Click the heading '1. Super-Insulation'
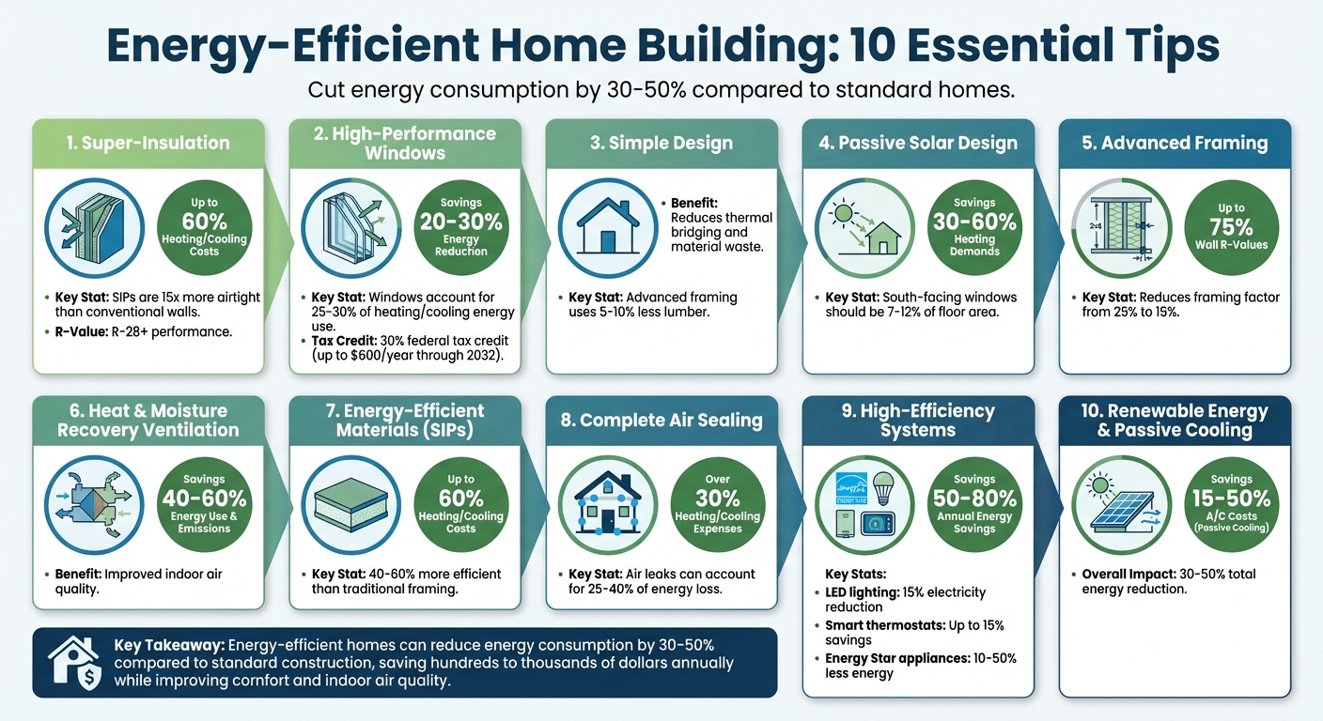148,143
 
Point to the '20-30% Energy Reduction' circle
460,226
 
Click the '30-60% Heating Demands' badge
974,226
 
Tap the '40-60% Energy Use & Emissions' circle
204,503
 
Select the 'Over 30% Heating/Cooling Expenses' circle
718,503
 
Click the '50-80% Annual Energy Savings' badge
974,503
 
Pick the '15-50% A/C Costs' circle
1232,503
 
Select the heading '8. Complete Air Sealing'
661,420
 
